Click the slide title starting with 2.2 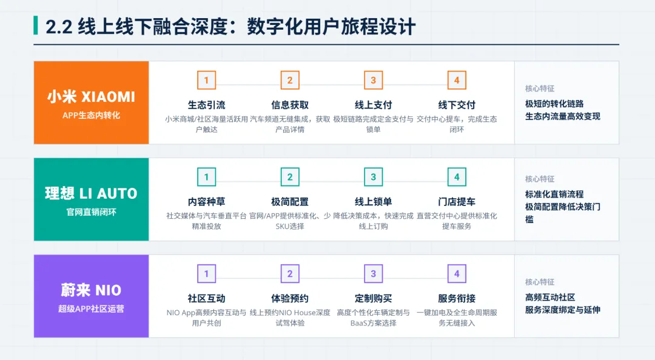230,27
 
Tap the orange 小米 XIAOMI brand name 91,96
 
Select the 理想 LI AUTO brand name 91,193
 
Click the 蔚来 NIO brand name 91,290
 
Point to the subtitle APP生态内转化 91,115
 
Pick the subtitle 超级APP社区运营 91,309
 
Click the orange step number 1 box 206,80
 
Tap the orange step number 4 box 457,80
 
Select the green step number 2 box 290,177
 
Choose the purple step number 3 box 373,274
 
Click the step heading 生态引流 206,105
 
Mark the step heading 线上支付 373,105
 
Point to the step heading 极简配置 290,202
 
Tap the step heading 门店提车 457,202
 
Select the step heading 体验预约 290,298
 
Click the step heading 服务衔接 457,298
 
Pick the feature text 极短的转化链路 554,104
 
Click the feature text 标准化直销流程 554,195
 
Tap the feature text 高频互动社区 550,298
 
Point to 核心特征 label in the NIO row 540,282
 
